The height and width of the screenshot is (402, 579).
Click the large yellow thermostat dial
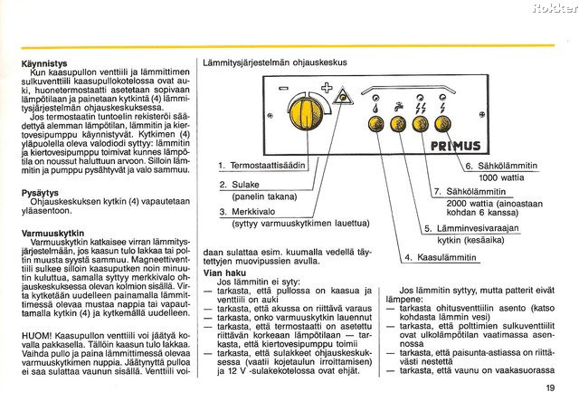(x=300, y=120)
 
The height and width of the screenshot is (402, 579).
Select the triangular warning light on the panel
(x=340, y=100)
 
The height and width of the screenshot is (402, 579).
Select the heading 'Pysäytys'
(x=41, y=192)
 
